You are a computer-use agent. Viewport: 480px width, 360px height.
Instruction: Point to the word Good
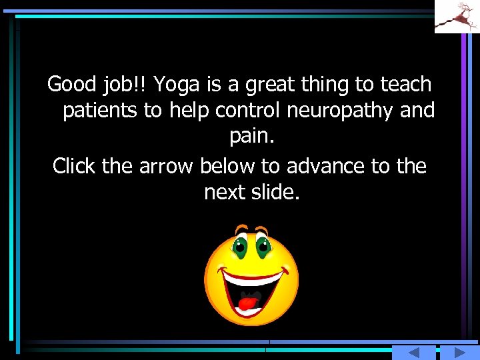[x=72, y=85]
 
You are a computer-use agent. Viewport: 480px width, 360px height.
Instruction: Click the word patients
[x=100, y=111]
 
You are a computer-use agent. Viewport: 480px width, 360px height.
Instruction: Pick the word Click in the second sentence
[x=75, y=165]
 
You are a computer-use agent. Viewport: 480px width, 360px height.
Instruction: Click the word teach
[x=406, y=85]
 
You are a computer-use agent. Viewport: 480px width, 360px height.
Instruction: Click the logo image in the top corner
[x=457, y=17]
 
